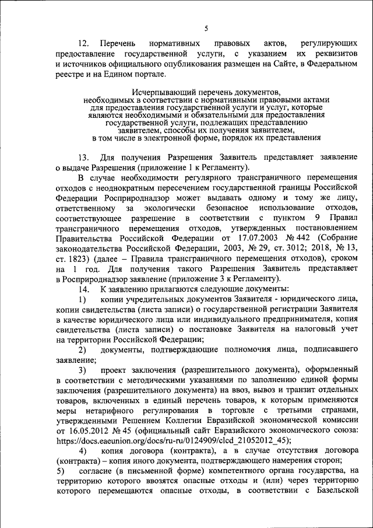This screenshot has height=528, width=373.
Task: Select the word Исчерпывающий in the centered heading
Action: pyautogui.click(x=158, y=92)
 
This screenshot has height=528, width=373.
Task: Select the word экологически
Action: pyautogui.click(x=175, y=208)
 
